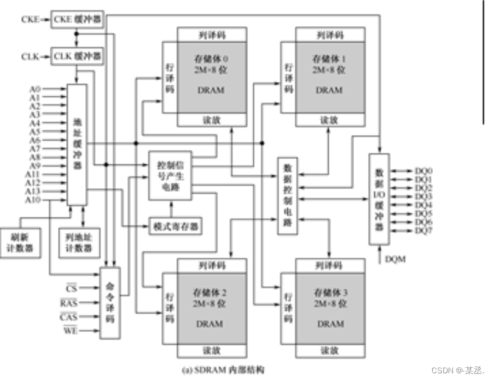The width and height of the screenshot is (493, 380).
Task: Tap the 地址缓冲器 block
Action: pyautogui.click(x=76, y=145)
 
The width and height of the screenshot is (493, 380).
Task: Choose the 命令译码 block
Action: pyautogui.click(x=110, y=302)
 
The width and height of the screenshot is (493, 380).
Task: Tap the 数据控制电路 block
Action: pyautogui.click(x=287, y=196)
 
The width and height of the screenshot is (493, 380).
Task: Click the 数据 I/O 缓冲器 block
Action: pyautogui.click(x=379, y=199)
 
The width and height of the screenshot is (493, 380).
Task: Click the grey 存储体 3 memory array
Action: pyautogui.click(x=329, y=308)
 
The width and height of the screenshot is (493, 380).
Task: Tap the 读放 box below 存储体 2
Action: pyautogui.click(x=211, y=351)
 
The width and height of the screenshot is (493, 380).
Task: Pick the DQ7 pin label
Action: pyautogui.click(x=423, y=231)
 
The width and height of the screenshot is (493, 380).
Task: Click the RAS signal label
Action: pyautogui.click(x=68, y=301)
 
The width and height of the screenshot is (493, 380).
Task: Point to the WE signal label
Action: pyautogui.click(x=69, y=331)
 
